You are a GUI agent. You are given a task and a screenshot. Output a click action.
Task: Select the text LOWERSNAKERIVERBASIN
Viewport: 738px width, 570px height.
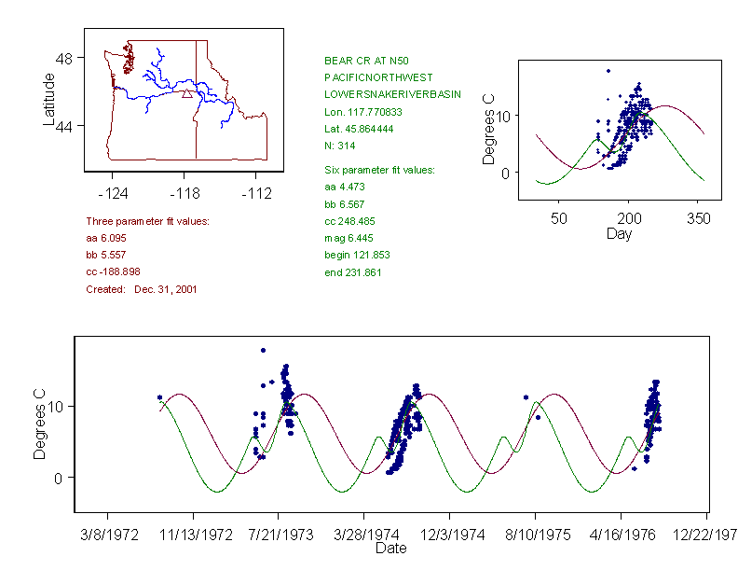(x=392, y=94)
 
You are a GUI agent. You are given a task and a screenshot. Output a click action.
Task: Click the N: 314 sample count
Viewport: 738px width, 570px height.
(x=340, y=146)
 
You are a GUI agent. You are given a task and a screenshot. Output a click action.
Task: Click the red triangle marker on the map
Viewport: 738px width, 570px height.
(x=187, y=93)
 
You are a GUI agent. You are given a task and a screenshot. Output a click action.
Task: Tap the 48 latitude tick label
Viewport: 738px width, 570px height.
(x=68, y=58)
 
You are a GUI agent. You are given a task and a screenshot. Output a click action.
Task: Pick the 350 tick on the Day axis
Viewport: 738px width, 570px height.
(x=699, y=218)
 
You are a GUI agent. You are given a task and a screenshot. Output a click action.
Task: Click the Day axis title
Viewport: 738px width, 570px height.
(x=619, y=233)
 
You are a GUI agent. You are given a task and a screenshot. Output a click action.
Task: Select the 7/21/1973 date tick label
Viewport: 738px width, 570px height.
(x=280, y=535)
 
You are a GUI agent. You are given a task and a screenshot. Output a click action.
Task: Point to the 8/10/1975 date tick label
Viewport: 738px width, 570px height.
(x=536, y=535)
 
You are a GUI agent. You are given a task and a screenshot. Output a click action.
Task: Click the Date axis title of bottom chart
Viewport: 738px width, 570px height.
(x=391, y=549)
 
